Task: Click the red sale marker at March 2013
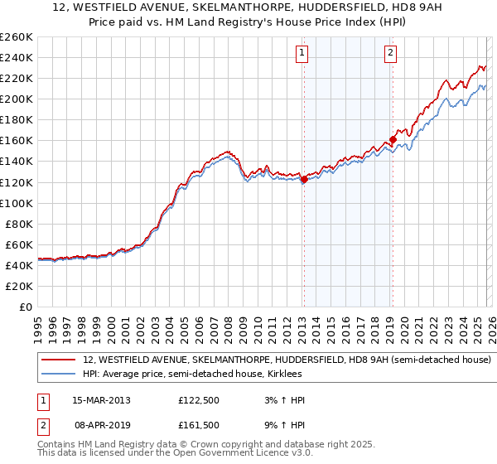(304, 179)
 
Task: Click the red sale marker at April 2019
(393, 139)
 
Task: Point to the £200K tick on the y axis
(17, 99)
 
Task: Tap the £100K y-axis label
(17, 203)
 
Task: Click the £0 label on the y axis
(25, 307)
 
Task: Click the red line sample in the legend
(58, 360)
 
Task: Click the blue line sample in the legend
(58, 375)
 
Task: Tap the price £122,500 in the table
(199, 400)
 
